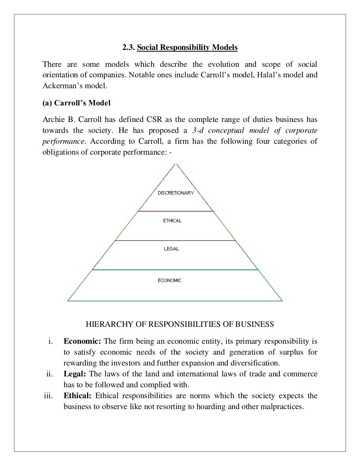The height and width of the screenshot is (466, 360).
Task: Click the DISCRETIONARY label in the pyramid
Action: (175, 193)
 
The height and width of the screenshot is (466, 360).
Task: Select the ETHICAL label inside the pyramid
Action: (172, 221)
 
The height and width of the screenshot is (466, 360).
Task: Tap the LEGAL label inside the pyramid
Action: (171, 249)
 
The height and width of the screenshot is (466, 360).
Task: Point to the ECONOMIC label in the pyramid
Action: (169, 280)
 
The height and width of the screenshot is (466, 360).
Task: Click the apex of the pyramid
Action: (176, 164)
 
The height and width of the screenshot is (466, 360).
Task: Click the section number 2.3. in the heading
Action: (129, 47)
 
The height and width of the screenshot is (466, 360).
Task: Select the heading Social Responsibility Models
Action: (187, 47)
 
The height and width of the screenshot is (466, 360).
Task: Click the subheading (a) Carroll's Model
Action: (76, 103)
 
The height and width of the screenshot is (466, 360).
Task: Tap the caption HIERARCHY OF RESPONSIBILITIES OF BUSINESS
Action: (180, 324)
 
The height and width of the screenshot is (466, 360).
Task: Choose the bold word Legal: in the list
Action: (75, 374)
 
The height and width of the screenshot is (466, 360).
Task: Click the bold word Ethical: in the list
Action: (77, 396)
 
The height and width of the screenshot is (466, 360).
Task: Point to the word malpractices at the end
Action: (281, 407)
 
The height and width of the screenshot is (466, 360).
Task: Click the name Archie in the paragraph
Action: (52, 119)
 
